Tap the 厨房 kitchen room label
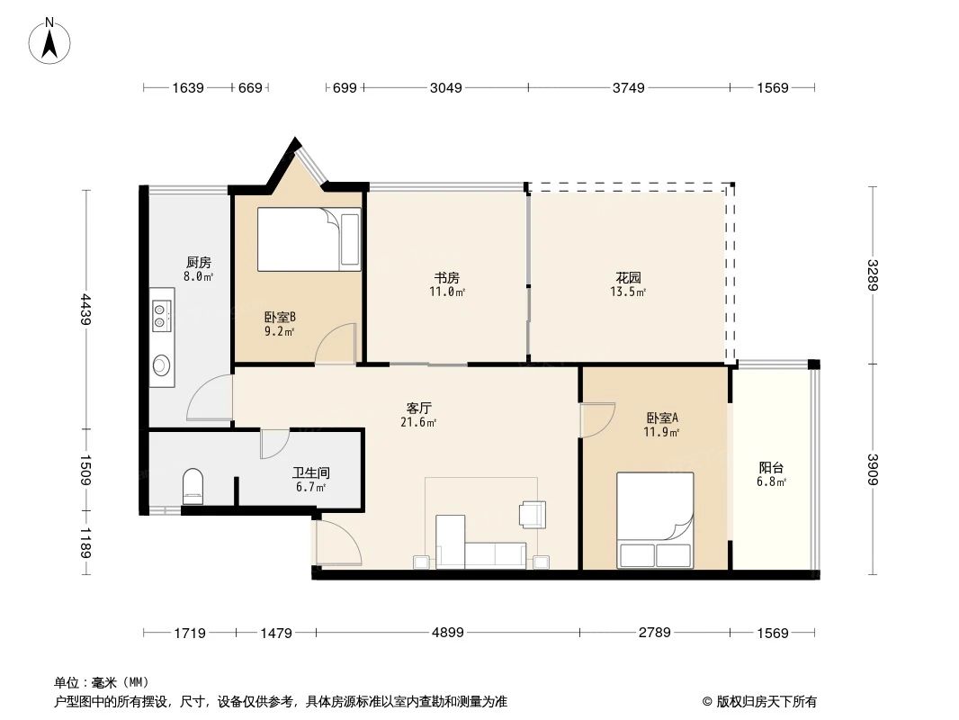(197, 263)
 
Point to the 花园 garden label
(628, 278)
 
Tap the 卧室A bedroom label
(661, 418)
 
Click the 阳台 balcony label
(771, 468)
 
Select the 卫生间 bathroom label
(309, 472)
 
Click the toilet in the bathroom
(193, 487)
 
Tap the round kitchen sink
(162, 364)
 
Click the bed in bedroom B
(309, 239)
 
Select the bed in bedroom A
(655, 519)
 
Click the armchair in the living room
(532, 514)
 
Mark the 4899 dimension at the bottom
(447, 633)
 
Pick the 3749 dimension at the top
(628, 87)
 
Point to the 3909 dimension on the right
(872, 468)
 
